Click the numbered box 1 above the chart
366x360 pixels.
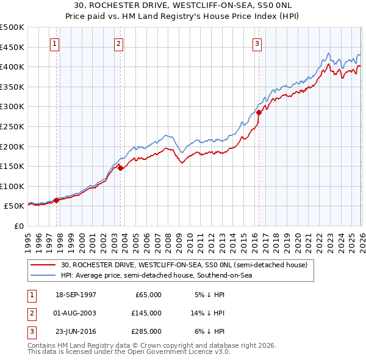pyautogui.click(x=55, y=43)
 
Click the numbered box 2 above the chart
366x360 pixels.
pyautogui.click(x=118, y=43)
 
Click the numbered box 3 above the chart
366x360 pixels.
pyautogui.click(x=257, y=43)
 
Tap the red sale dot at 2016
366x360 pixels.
pyautogui.click(x=259, y=112)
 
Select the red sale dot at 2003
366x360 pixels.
pyautogui.click(x=120, y=168)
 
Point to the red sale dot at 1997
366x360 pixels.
pyautogui.click(x=57, y=200)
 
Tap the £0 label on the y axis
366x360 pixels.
pyautogui.click(x=18, y=226)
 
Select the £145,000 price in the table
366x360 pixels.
pyautogui.click(x=146, y=313)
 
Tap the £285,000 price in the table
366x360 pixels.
pyautogui.click(x=146, y=331)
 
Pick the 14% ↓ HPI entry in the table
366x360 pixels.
pyautogui.click(x=209, y=313)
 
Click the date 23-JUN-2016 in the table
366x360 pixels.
pyautogui.click(x=74, y=331)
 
